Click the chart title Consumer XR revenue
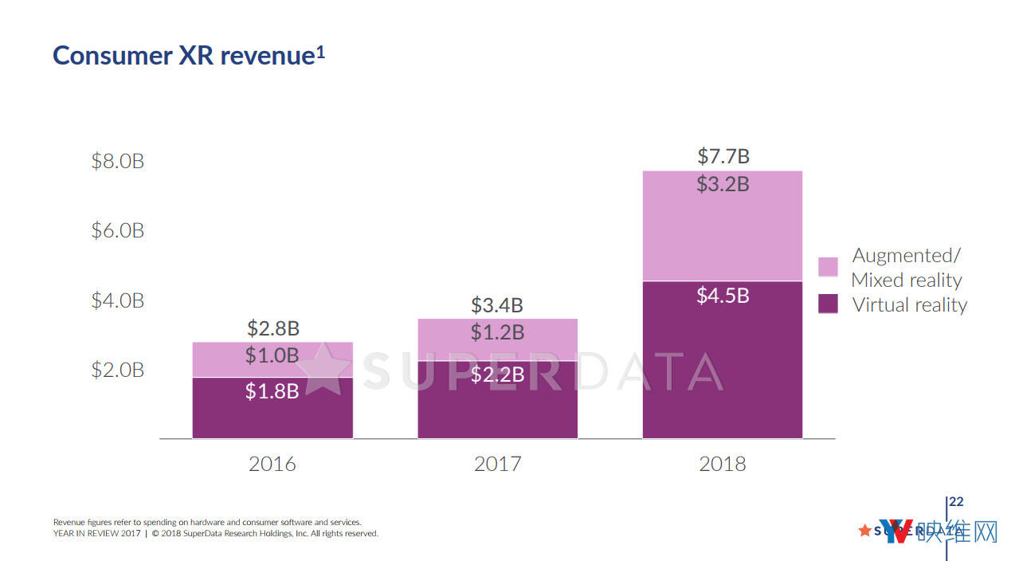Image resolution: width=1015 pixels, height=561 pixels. click(182, 56)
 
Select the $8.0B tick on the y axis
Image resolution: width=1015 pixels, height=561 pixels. click(117, 161)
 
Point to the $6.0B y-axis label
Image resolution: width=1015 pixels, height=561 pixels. click(117, 231)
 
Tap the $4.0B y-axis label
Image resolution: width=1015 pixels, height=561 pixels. click(117, 300)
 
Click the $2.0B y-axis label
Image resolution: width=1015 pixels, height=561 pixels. click(117, 370)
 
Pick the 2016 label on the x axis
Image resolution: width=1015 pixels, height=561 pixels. click(272, 464)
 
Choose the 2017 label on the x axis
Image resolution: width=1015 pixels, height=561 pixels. click(497, 464)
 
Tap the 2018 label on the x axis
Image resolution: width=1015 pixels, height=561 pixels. click(722, 464)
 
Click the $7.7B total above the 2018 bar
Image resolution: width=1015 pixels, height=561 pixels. click(723, 156)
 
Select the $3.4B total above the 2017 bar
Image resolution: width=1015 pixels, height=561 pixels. click(496, 305)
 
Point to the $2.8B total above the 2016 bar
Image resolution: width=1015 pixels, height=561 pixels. click(272, 328)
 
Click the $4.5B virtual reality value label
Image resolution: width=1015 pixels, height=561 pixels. click(723, 296)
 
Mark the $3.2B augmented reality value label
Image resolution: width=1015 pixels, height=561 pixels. click(723, 184)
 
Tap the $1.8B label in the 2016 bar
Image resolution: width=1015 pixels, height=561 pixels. click(272, 391)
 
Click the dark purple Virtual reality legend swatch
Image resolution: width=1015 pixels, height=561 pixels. click(828, 304)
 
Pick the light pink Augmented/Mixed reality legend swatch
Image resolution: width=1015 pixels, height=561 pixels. click(828, 267)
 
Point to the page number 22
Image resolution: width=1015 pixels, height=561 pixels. click(956, 502)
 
